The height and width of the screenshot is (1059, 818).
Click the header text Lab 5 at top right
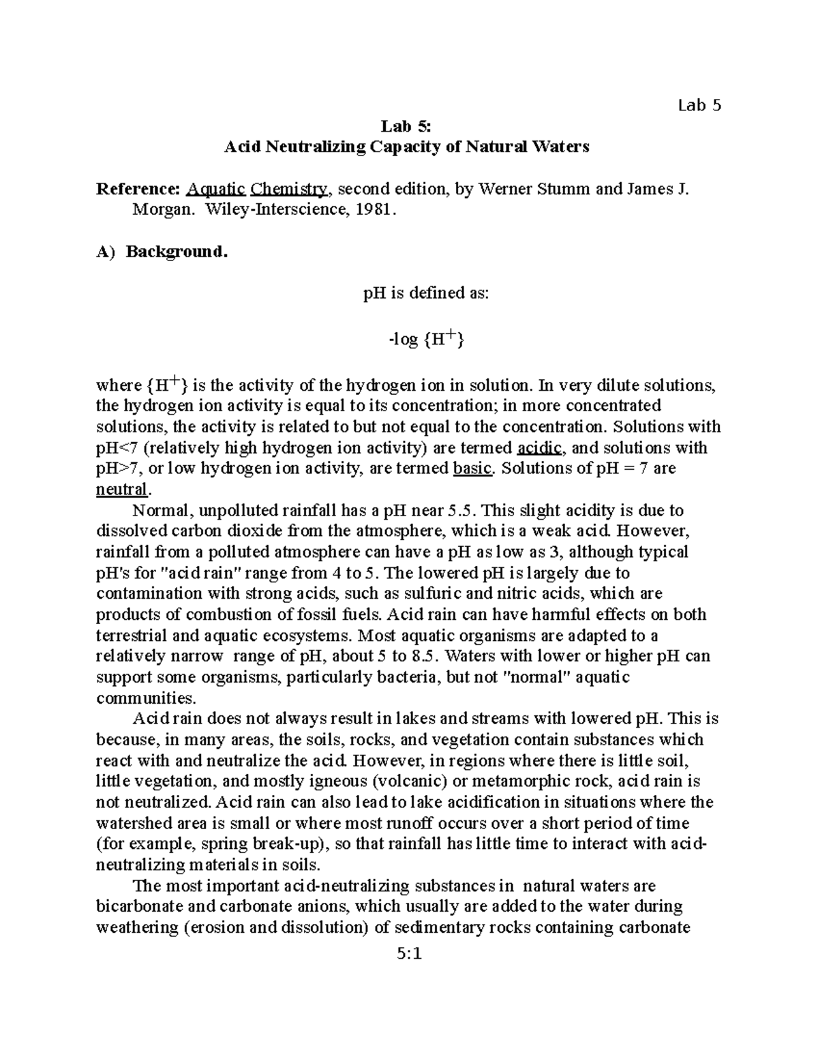(x=699, y=105)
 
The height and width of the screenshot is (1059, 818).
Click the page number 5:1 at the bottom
(x=409, y=954)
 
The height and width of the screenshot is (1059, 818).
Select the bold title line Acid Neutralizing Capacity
(x=407, y=147)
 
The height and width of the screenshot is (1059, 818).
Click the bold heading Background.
(x=175, y=252)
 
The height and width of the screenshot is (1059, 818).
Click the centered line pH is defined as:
(x=425, y=294)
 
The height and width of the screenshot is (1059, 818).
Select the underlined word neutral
(x=121, y=490)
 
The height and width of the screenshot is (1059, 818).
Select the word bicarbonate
(x=136, y=907)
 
